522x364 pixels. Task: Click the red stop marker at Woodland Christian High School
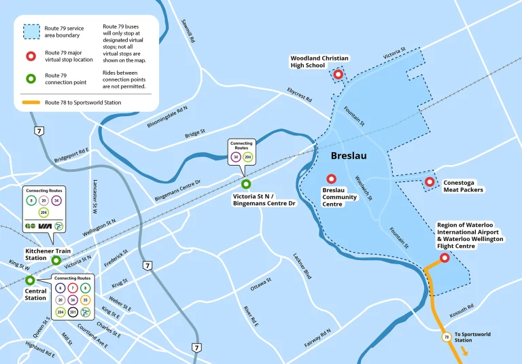point(338,75)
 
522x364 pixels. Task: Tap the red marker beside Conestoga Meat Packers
point(430,182)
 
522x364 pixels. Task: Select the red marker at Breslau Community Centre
point(331,179)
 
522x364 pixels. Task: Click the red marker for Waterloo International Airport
point(445,258)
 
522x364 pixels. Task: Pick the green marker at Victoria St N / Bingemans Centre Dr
point(246,183)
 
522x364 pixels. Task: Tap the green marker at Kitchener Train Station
point(56,260)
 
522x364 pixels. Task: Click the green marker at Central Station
point(30,280)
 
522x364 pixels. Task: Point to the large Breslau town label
point(349,156)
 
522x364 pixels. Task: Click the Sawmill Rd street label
point(188,31)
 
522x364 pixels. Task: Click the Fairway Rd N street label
point(317,337)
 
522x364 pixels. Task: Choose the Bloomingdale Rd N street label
point(167,117)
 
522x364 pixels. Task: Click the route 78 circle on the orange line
point(447,336)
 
